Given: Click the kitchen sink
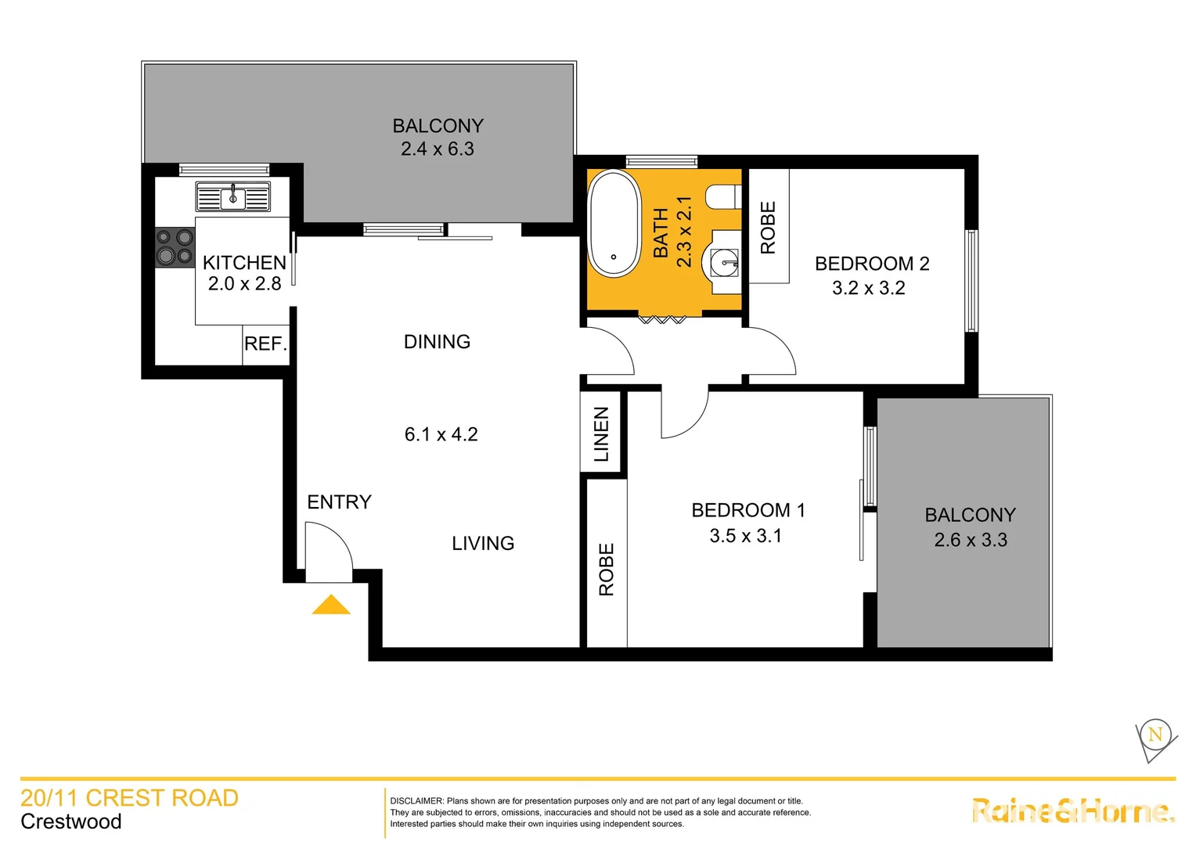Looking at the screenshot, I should click(232, 197).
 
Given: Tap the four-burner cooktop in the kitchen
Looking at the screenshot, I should click(175, 246).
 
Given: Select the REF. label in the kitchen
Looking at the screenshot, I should click(265, 344).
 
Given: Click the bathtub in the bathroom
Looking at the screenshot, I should click(614, 223).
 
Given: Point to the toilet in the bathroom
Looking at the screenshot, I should click(723, 197).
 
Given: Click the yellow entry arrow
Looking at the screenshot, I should click(331, 605).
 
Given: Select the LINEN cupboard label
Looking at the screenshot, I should click(601, 434).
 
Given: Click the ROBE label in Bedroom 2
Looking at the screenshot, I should click(768, 228).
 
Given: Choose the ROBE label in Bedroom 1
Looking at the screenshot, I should click(607, 570).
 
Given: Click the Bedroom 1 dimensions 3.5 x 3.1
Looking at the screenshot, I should click(745, 536).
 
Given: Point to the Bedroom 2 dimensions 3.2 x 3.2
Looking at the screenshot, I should click(868, 288).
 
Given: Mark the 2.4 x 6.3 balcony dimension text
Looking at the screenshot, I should click(438, 149).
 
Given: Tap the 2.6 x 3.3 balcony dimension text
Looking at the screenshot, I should click(971, 540).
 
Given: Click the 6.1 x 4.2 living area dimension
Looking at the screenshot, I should click(441, 434).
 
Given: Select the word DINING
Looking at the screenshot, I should click(437, 342).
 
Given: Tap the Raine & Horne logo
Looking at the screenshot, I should click(1073, 811).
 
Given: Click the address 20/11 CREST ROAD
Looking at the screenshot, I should click(129, 798).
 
